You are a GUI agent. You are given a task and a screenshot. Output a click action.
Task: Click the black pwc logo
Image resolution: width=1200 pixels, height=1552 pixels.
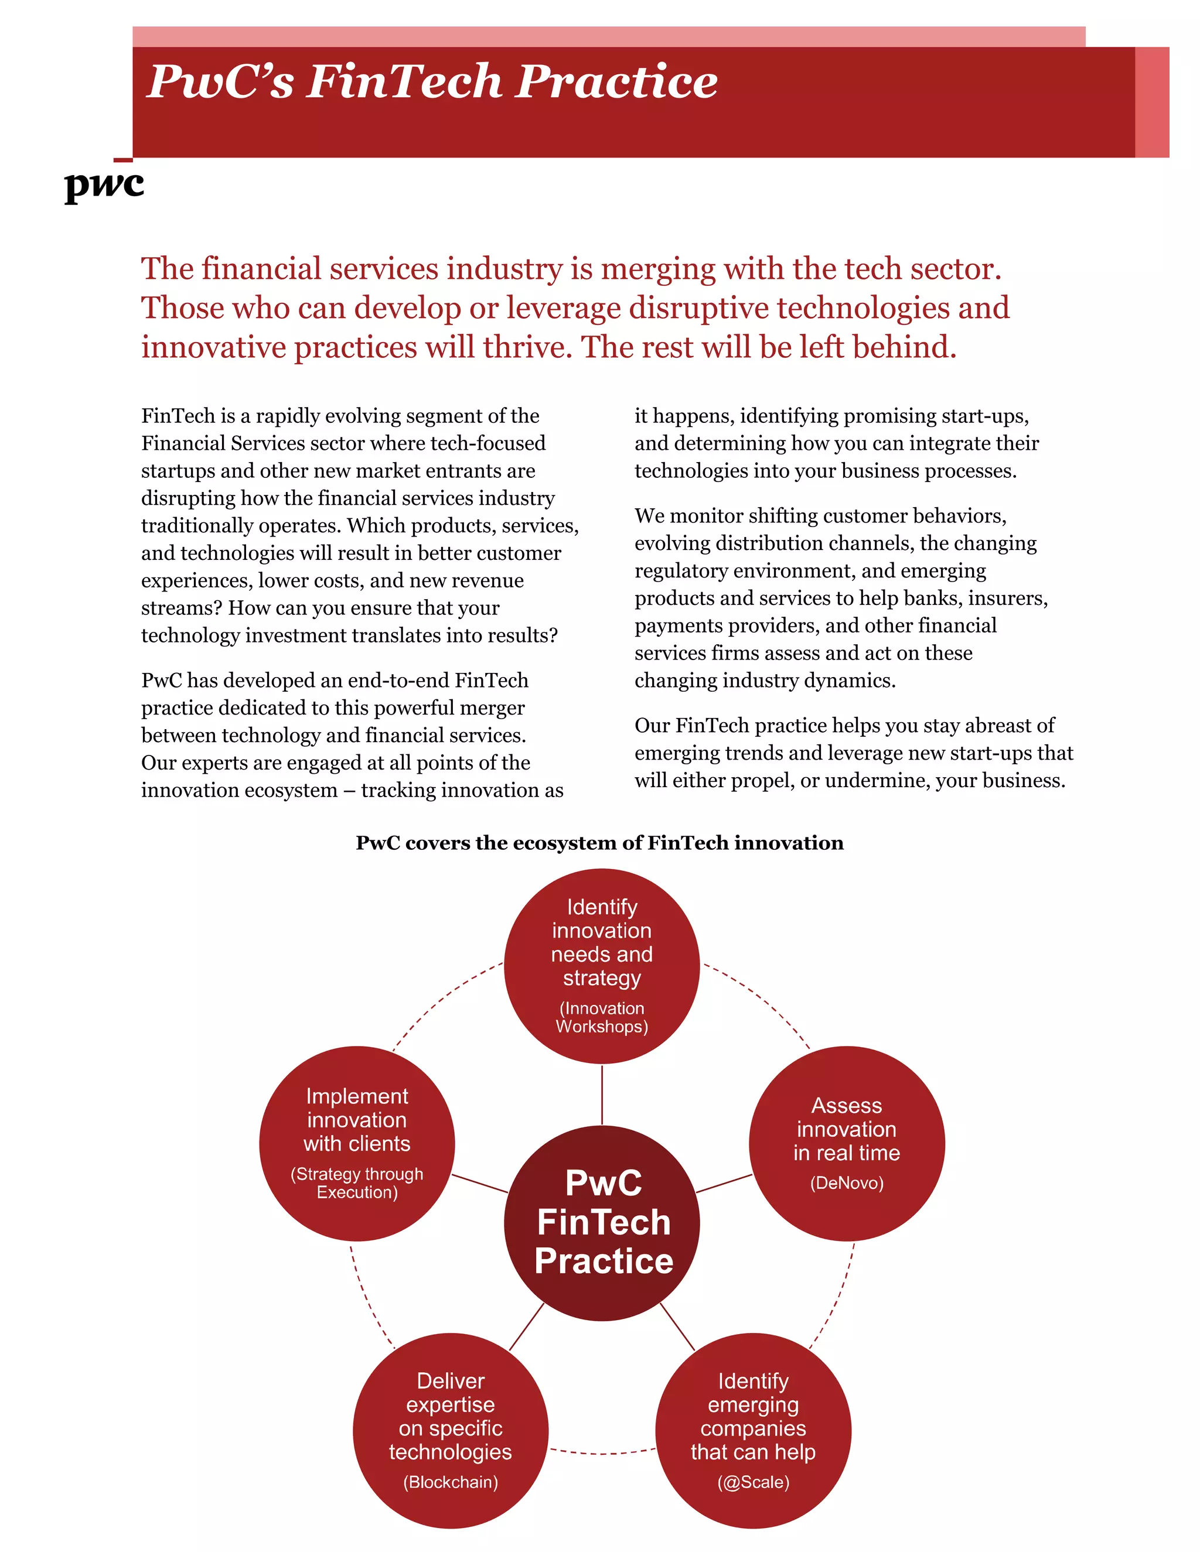coord(104,186)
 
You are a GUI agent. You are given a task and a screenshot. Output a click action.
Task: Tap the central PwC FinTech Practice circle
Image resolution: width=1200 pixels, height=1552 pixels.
coord(603,1222)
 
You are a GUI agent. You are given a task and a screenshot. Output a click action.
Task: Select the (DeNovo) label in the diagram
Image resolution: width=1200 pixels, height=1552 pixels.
coord(847,1183)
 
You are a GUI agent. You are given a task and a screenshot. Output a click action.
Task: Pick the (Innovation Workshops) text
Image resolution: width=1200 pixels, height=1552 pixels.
coord(602,1018)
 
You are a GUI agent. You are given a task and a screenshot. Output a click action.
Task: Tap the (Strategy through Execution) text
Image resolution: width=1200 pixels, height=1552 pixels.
coord(357,1183)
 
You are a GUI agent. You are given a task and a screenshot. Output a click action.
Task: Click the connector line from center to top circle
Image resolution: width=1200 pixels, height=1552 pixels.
coord(602,1095)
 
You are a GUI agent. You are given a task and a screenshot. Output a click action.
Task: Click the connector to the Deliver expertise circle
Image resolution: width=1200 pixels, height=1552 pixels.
coord(527,1327)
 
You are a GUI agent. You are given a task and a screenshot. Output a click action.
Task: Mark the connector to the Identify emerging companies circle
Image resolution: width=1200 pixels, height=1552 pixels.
coord(677,1327)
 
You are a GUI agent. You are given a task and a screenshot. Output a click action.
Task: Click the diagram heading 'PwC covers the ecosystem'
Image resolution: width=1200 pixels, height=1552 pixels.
coord(599,843)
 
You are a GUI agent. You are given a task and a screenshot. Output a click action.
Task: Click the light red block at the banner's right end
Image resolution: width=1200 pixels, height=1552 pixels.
coord(1151,102)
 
